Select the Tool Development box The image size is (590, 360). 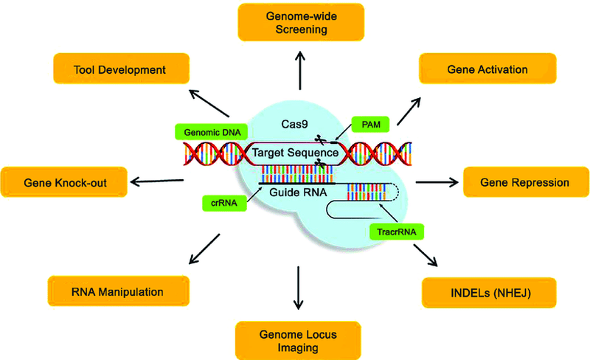click(119, 71)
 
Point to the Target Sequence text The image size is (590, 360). click(294, 153)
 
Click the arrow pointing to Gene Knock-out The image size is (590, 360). click(156, 180)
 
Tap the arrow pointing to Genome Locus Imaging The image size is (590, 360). click(298, 287)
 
